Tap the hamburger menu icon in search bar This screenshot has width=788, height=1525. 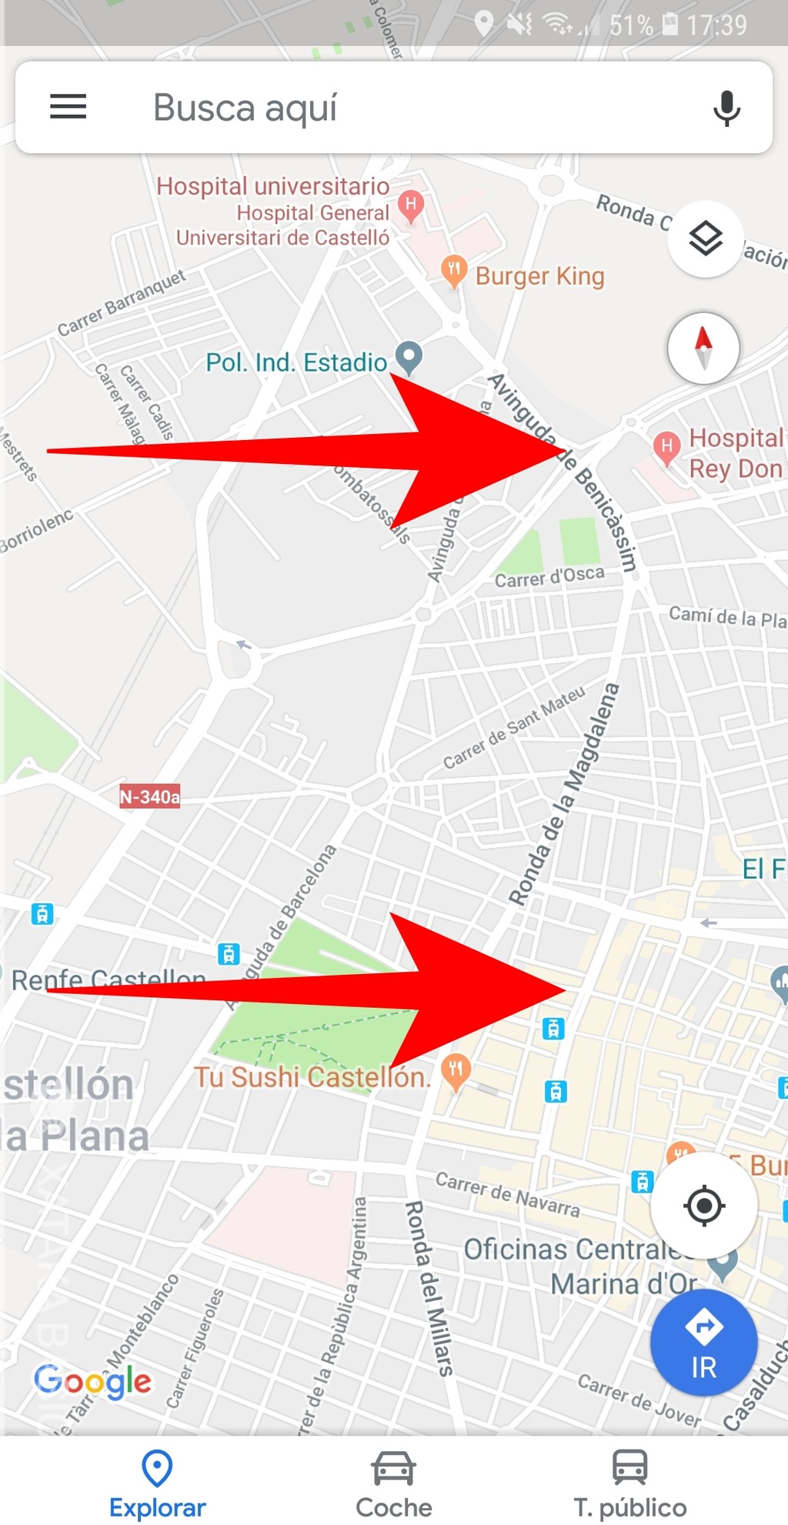coord(68,107)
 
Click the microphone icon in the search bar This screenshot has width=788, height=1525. coord(726,108)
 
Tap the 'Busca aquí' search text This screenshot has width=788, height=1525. coord(245,108)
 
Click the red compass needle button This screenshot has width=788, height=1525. coord(703,348)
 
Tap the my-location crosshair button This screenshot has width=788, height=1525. coord(703,1205)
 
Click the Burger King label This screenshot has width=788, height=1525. coord(539,276)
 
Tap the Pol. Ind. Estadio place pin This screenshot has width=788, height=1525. coord(409,357)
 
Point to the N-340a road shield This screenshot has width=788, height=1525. coord(150,796)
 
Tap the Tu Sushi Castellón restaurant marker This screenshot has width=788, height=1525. coord(456,1070)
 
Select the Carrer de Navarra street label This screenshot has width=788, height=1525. coord(508,1193)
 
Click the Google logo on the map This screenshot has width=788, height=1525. coord(93,1380)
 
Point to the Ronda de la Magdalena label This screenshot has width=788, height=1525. coord(565,794)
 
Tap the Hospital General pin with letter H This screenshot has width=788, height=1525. coord(411,205)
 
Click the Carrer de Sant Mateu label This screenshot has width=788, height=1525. coord(514,727)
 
